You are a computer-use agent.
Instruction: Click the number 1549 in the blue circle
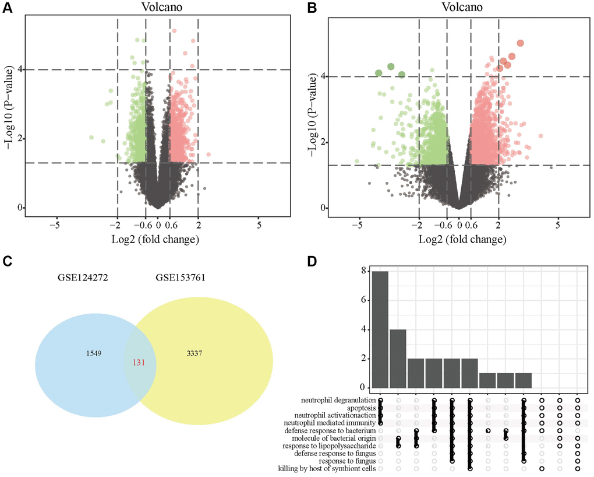[x=85, y=353]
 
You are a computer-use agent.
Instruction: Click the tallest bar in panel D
[x=380, y=329]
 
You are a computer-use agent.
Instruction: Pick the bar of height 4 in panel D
[x=398, y=358]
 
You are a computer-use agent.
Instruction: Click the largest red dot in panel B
[x=520, y=43]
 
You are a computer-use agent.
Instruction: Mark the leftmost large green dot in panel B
[x=379, y=73]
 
